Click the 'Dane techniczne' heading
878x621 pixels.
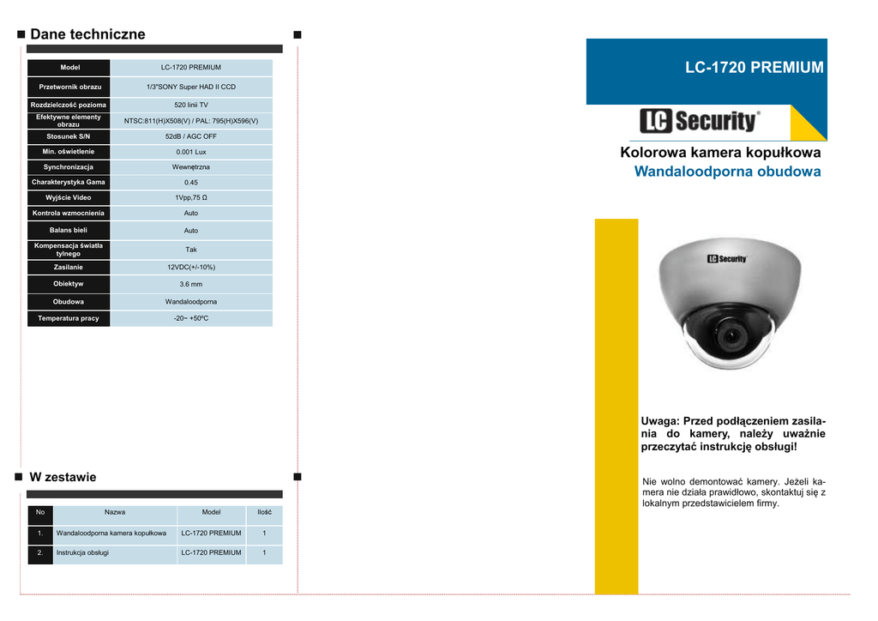point(87,34)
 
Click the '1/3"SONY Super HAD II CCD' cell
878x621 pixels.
point(191,87)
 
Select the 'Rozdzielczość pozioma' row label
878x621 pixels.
point(69,105)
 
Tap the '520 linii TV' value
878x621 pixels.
point(191,105)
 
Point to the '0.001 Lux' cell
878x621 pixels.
point(191,152)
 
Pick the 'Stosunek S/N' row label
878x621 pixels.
point(69,136)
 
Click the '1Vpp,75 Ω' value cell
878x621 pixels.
point(191,197)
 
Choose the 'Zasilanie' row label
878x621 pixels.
point(69,267)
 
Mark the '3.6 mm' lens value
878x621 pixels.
point(191,284)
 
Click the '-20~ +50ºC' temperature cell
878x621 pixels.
point(191,318)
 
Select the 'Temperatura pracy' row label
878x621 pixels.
point(69,318)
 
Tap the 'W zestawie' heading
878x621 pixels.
point(63,477)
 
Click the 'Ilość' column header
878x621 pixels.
point(264,512)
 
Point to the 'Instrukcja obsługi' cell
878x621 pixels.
point(83,552)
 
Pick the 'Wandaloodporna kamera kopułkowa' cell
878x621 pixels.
point(111,533)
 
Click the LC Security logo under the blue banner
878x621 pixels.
point(700,121)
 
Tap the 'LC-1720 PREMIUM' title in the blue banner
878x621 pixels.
point(754,67)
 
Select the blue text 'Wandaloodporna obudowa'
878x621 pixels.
point(727,172)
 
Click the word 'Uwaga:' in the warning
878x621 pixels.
point(659,421)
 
